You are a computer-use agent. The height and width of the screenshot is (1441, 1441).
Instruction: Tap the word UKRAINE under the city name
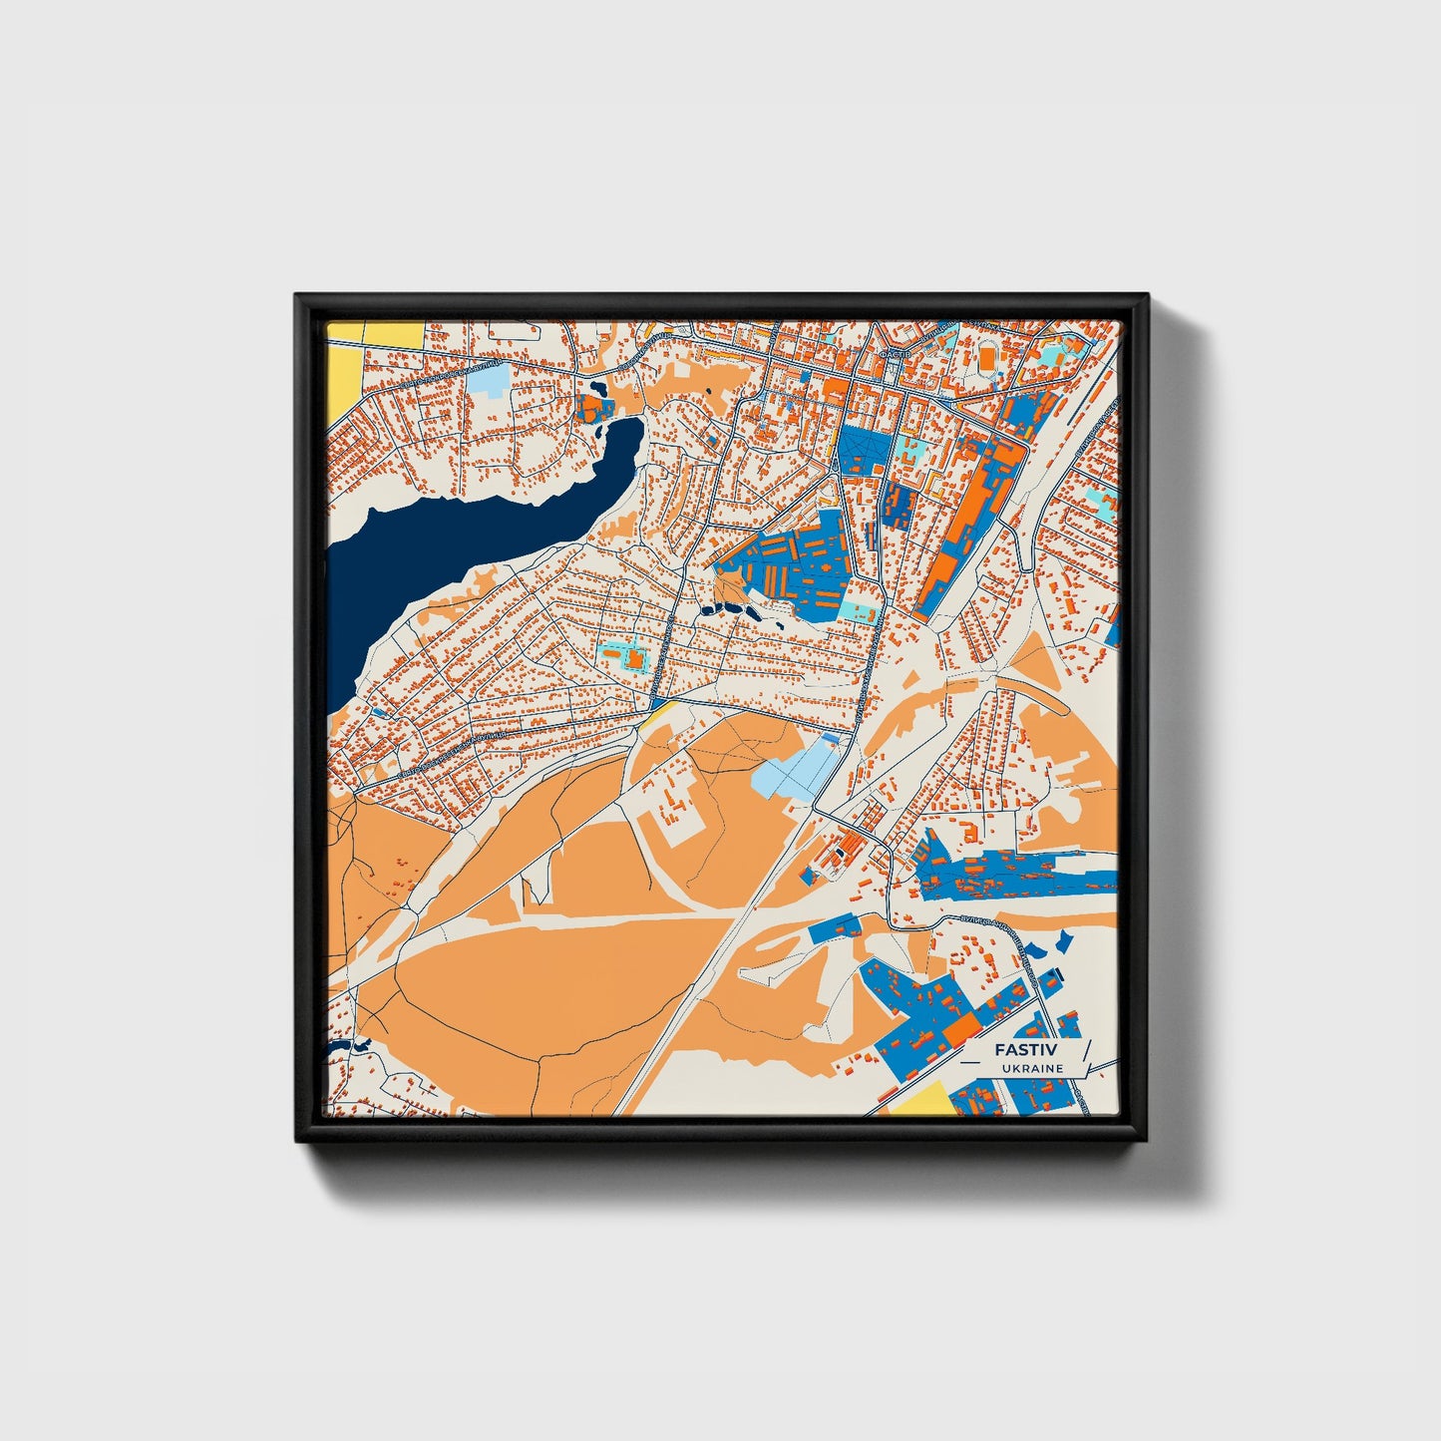tap(1032, 1068)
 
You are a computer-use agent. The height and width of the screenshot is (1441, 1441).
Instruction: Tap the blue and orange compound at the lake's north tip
tap(593, 407)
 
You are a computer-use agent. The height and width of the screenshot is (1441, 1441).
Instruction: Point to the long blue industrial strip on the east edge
tap(1017, 875)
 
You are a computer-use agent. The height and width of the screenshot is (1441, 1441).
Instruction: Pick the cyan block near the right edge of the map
tap(1104, 505)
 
